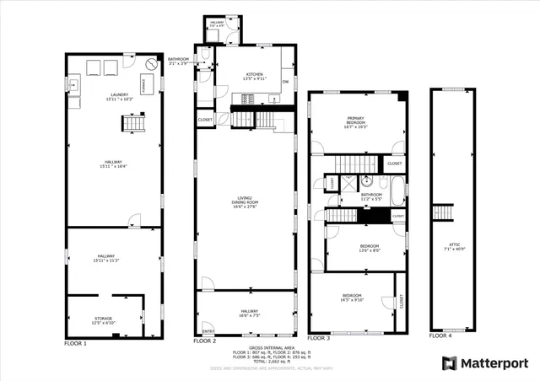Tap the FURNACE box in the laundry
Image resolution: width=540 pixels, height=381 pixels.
[x=143, y=84]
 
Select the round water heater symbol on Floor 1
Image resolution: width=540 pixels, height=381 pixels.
[x=151, y=64]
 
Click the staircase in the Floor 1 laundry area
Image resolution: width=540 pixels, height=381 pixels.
[x=132, y=125]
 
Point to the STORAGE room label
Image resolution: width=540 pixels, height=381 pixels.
[x=103, y=319]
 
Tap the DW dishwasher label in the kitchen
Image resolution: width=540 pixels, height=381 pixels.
[x=286, y=82]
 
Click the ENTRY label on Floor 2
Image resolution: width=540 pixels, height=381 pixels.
[x=208, y=330]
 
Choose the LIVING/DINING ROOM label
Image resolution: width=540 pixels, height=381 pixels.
[x=245, y=202]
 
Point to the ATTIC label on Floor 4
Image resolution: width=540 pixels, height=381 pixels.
[x=451, y=245]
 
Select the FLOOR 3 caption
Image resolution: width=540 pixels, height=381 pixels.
[x=319, y=338]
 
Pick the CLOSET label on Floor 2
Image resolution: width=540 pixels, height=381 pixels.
[x=205, y=121]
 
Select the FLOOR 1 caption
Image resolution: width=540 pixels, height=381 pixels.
[x=76, y=344]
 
